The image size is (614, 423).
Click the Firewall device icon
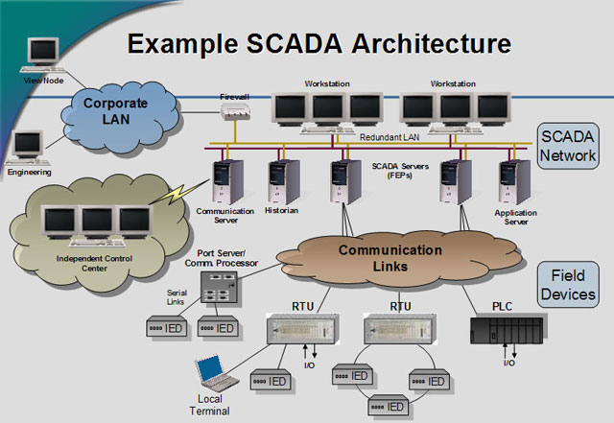tap(234, 110)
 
